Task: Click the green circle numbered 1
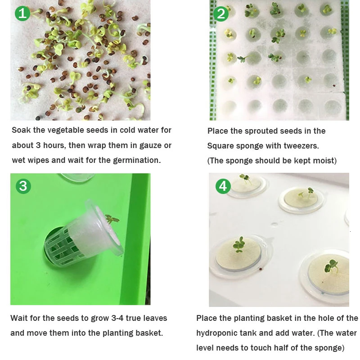coord(22,13)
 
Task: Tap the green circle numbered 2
coord(221,14)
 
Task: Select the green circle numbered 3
coord(23,186)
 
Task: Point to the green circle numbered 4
coord(223,186)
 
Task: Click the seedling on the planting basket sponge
coord(112,219)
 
